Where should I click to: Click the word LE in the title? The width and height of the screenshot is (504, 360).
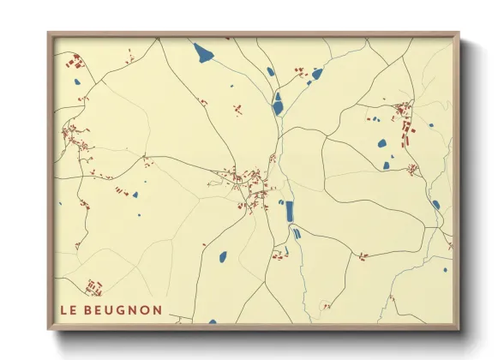coord(69,309)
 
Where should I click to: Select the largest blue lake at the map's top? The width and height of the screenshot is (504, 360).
coord(204,55)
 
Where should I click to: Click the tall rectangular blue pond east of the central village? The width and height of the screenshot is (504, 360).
coord(289,210)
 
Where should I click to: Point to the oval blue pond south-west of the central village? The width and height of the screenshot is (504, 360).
coord(222,255)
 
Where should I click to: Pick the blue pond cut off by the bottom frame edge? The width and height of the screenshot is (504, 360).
coord(213,322)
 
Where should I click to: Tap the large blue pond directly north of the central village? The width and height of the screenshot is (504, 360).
coord(277,105)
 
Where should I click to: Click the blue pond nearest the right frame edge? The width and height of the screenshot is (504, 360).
coord(435,205)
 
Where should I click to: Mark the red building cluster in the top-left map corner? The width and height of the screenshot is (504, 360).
coord(75,63)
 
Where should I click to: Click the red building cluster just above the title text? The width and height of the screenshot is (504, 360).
coord(93,285)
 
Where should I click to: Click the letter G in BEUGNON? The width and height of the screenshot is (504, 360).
coord(117,309)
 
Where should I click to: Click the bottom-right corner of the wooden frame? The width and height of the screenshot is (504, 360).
coord(459,329)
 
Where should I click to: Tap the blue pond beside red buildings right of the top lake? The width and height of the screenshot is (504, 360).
coord(316,74)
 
